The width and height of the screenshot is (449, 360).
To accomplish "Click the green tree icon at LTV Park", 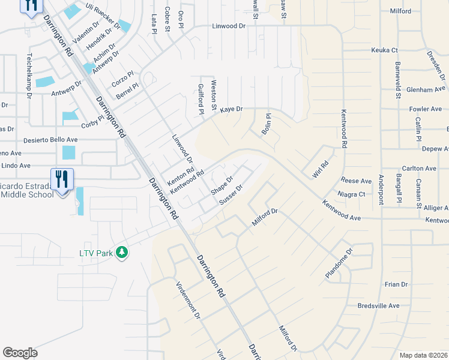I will (x=122, y=253).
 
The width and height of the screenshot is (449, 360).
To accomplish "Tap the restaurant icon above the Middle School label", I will (x=62, y=178).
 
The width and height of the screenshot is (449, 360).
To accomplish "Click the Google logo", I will (x=20, y=353).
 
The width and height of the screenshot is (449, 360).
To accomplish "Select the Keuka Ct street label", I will (x=384, y=50).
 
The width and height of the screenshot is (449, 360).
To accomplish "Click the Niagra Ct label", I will (x=352, y=194).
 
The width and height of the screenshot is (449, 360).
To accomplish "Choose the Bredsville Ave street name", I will (x=378, y=305).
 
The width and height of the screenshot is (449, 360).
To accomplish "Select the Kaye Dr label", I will (x=231, y=109).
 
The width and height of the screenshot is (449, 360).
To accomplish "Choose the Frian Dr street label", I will (x=396, y=284).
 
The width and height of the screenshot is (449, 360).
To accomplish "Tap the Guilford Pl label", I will (x=201, y=96).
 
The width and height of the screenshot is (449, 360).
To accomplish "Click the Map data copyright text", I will (x=423, y=355).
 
